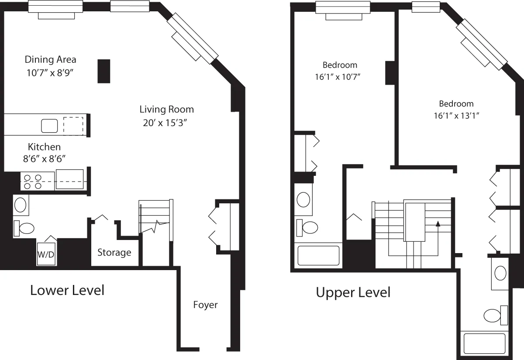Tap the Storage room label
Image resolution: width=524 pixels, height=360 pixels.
[x=114, y=252]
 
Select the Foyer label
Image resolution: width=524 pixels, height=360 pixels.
[x=205, y=305]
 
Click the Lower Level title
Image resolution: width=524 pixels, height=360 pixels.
[x=67, y=290]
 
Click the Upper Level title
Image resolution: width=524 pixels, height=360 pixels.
[x=353, y=292]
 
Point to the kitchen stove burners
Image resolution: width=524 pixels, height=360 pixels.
[x=33, y=182]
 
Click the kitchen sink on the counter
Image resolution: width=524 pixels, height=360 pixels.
[x=49, y=126]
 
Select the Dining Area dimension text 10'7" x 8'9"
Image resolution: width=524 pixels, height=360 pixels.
[x=49, y=73]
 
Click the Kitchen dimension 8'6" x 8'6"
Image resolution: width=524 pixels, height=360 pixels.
[x=44, y=159]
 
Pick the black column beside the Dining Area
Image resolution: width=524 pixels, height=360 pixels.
[x=103, y=71]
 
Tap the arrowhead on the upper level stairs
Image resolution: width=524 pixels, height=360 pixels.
[x=438, y=223]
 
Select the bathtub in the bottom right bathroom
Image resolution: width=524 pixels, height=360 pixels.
[x=484, y=343]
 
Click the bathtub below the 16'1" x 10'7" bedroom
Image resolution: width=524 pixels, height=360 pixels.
[x=318, y=255]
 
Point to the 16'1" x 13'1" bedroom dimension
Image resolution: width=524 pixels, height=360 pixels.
[x=456, y=116]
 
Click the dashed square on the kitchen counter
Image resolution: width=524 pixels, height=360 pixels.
[x=73, y=126]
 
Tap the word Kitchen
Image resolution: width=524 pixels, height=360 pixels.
[x=44, y=147]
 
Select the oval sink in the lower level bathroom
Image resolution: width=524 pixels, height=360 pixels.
[x=21, y=205]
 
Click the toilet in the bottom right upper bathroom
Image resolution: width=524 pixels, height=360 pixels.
[x=495, y=315]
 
